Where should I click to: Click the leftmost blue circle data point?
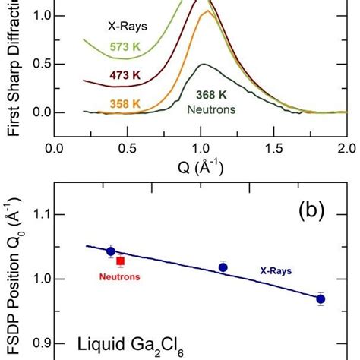click(x=111, y=251)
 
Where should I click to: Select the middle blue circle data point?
click(x=223, y=267)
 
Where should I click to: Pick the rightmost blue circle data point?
click(x=321, y=299)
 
